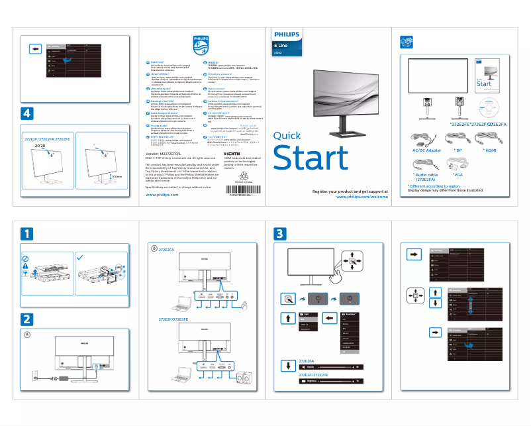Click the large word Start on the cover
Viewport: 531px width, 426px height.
(x=311, y=159)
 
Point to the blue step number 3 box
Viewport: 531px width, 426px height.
(x=281, y=233)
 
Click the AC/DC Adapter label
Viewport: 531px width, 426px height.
(x=426, y=150)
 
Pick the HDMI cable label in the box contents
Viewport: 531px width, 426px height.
(x=491, y=150)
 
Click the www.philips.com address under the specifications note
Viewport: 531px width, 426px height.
(x=162, y=195)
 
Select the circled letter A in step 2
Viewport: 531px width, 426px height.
(x=27, y=335)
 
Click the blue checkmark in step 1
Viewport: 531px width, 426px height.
(x=80, y=257)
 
